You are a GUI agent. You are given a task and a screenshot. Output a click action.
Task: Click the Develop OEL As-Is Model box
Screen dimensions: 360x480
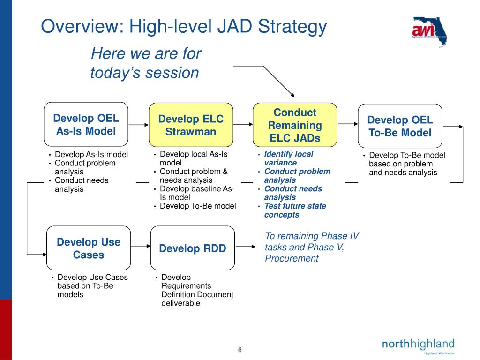point(86,124)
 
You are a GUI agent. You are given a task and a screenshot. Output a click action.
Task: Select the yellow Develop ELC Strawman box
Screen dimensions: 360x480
point(191,125)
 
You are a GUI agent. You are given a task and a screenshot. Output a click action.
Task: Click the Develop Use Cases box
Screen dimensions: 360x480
point(89,248)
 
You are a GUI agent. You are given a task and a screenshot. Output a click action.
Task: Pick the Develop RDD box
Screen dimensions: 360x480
point(192,248)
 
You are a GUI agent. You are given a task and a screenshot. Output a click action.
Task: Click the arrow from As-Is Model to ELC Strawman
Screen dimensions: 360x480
point(138,125)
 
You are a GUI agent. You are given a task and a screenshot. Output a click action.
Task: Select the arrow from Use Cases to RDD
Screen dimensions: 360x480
point(140,248)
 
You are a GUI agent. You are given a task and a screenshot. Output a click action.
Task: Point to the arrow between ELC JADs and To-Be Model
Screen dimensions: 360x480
point(347,124)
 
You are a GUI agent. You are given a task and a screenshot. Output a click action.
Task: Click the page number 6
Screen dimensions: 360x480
point(240,350)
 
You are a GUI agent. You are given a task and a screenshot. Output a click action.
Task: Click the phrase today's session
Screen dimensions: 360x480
point(144,73)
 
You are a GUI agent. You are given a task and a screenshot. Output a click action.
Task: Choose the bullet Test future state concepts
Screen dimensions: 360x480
point(294,210)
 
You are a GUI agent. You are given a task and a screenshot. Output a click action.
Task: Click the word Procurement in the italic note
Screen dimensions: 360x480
point(291,258)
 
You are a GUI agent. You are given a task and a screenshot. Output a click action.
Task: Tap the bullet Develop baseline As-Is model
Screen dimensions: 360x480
point(196,193)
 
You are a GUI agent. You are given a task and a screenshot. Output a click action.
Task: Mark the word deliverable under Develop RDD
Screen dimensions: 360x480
point(180,303)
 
